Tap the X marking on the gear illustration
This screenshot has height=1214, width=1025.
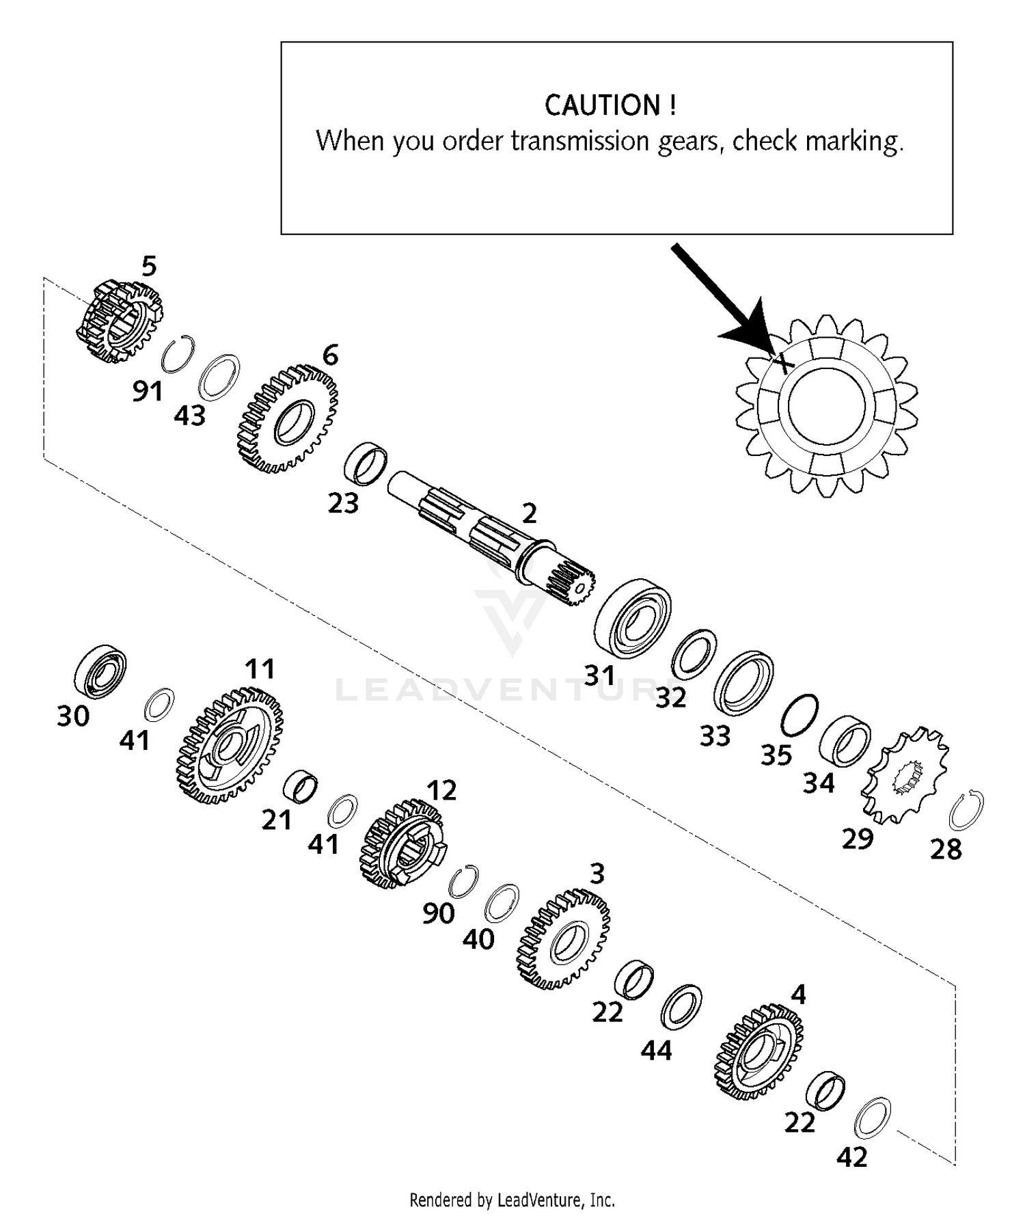pyautogui.click(x=784, y=360)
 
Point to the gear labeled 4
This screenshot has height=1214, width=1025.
pyautogui.click(x=758, y=1053)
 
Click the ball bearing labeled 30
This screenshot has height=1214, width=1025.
pyautogui.click(x=100, y=671)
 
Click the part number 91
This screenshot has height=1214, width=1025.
pyautogui.click(x=148, y=392)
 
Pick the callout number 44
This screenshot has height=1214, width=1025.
pyautogui.click(x=656, y=1051)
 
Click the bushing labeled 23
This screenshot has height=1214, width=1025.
pyautogui.click(x=365, y=464)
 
